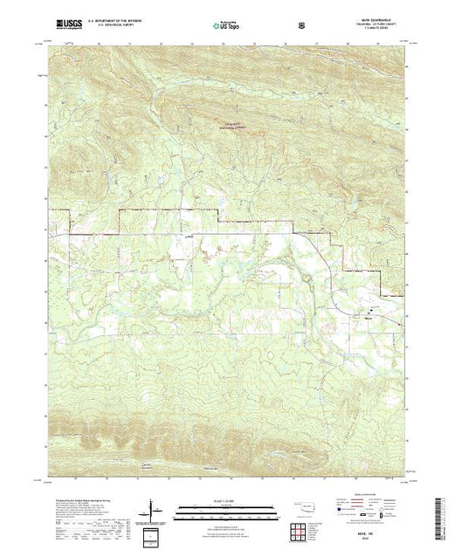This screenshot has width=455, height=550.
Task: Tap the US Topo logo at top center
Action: pos(226,25)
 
